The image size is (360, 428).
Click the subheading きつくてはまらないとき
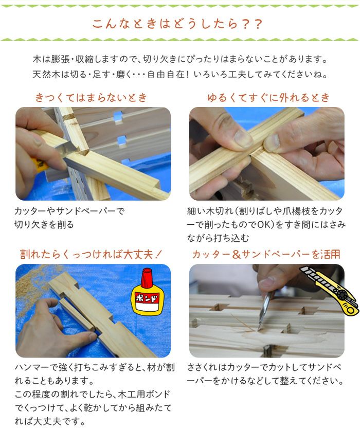pos(91,98)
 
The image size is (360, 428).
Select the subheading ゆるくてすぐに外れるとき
pos(268,98)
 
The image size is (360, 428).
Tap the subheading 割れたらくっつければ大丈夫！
pos(91,254)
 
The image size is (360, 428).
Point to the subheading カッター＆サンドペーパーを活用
pos(266,254)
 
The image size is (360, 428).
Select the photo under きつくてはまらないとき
pos(93,153)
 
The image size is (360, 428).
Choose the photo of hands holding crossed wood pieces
pos(267,153)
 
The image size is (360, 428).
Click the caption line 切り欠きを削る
pos(44,225)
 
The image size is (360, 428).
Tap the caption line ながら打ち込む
pos(218,238)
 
